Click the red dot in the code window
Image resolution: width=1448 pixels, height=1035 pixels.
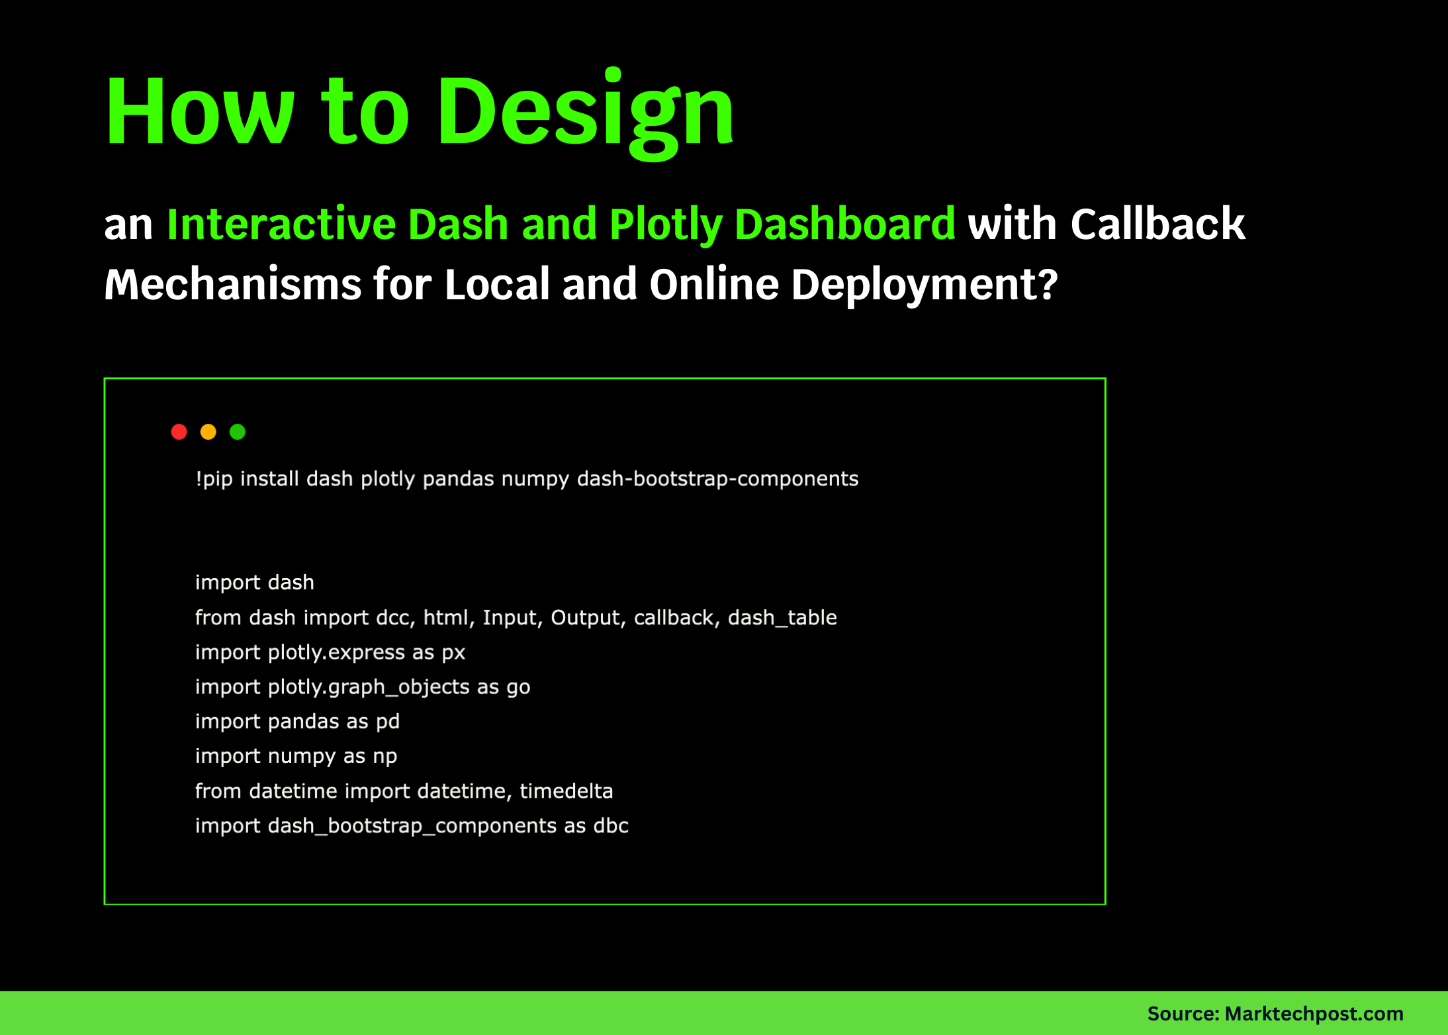[x=179, y=432]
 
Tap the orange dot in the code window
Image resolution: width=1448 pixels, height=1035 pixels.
[x=208, y=432]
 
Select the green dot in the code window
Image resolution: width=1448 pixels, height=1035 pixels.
[x=238, y=432]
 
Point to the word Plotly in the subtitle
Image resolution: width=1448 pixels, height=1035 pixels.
[x=665, y=224]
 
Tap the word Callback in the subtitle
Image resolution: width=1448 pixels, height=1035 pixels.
[x=1157, y=224]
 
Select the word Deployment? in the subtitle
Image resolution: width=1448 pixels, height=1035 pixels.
[x=924, y=285]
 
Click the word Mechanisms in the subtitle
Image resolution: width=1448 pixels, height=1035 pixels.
[x=232, y=285]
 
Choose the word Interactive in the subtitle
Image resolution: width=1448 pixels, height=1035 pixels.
[x=281, y=224]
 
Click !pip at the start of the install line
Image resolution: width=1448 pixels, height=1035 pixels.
[x=214, y=479]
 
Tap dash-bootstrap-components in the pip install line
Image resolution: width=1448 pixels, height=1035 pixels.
[x=717, y=479]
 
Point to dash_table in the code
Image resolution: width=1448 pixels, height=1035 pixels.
[x=782, y=618]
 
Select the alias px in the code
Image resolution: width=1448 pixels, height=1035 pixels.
[x=453, y=653]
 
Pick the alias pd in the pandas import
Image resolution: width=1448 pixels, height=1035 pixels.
[x=388, y=722]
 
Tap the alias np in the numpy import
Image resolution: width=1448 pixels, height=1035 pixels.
[x=385, y=756]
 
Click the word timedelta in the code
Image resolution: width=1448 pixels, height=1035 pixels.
[x=566, y=791]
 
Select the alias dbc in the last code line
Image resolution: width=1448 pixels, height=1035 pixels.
[x=611, y=826]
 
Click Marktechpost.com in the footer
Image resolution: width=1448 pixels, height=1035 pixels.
[x=1314, y=1014]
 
